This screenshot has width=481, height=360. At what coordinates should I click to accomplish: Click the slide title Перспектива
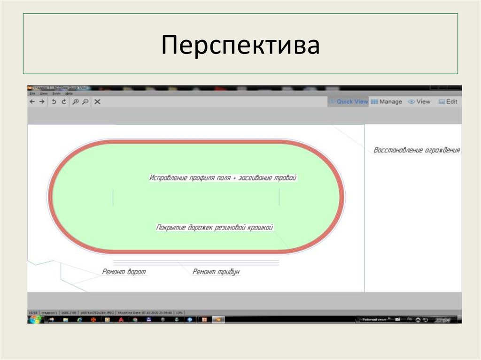coord(240,45)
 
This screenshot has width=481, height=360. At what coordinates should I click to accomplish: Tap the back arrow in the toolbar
coord(32,101)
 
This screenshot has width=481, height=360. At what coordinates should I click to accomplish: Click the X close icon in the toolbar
coord(97,101)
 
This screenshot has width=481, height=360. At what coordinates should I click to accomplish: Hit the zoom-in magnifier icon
coord(75,101)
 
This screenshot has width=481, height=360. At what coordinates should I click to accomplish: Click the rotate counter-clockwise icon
coord(54,101)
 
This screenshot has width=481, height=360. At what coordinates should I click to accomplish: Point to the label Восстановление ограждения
coord(416,151)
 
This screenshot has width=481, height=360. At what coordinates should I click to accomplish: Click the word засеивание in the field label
coord(256,178)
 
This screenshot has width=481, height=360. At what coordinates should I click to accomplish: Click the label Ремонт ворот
coord(124,272)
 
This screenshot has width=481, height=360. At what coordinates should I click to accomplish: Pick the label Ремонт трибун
coord(216,272)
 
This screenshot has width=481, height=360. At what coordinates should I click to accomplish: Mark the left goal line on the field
coord(113,197)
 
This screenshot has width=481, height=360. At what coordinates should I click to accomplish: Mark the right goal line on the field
coord(279,197)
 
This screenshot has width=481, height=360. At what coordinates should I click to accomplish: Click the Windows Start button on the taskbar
coord(34,320)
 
